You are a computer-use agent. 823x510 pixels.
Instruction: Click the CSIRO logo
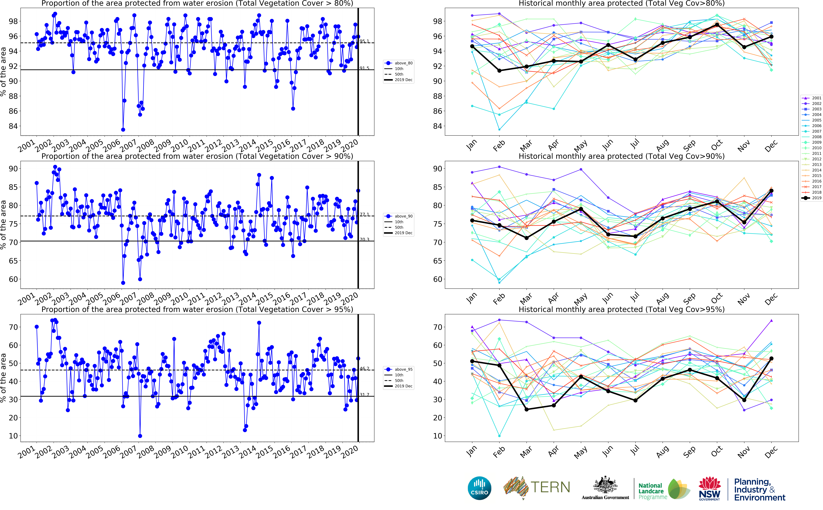(x=479, y=488)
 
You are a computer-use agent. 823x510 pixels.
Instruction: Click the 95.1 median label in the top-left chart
(x=364, y=41)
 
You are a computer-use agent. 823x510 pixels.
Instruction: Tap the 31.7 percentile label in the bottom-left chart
(x=364, y=395)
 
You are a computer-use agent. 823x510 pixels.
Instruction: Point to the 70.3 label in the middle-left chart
(x=364, y=239)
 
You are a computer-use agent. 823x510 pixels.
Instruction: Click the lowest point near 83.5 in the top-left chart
(x=123, y=130)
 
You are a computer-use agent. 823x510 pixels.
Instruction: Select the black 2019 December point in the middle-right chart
(x=771, y=191)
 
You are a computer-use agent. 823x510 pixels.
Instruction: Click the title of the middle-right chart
(x=621, y=156)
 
